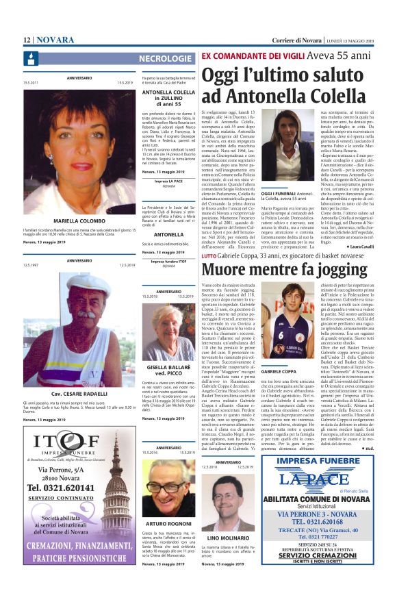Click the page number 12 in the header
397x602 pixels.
click(27, 40)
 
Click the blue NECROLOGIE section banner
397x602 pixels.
click(165, 59)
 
